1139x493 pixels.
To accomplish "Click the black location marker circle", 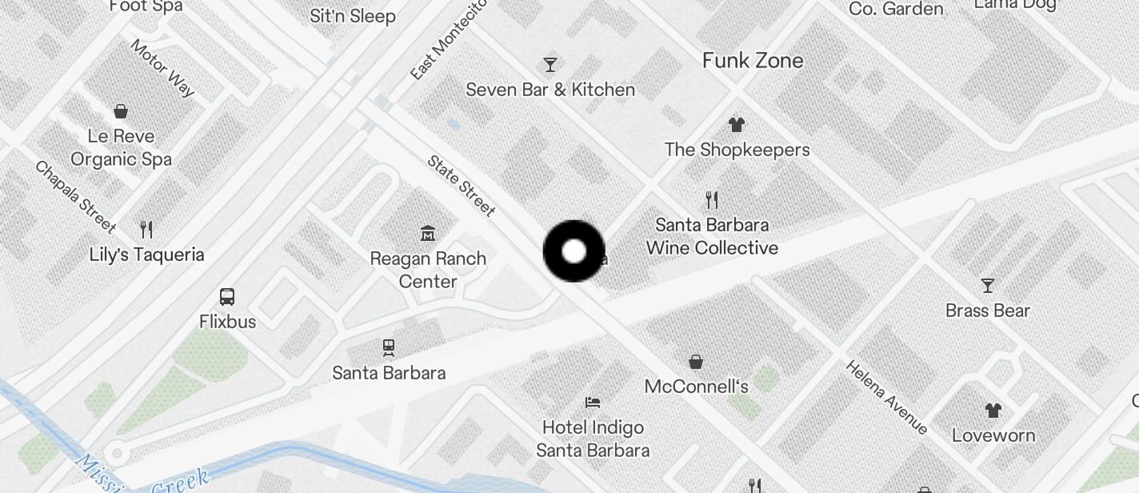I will pyautogui.click(x=573, y=251).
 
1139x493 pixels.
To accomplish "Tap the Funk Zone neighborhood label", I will pyautogui.click(x=753, y=60).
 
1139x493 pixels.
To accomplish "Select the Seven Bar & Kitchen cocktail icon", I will pyautogui.click(x=550, y=64).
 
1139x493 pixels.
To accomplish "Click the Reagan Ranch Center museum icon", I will pyautogui.click(x=428, y=233).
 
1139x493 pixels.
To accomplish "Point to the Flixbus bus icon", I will pyautogui.click(x=227, y=297).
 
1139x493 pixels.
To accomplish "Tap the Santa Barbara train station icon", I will pyautogui.click(x=389, y=347).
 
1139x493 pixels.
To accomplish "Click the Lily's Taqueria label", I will pyautogui.click(x=146, y=255).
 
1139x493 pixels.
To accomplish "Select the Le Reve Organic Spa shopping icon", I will pyautogui.click(x=121, y=110).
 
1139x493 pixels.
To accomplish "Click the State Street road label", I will pyautogui.click(x=462, y=186).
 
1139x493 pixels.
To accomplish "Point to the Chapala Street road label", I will pyautogui.click(x=75, y=196).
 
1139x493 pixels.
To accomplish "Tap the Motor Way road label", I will pyautogui.click(x=162, y=68).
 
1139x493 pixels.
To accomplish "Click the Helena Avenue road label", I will pyautogui.click(x=886, y=398).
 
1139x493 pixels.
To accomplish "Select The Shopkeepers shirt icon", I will pyautogui.click(x=737, y=124).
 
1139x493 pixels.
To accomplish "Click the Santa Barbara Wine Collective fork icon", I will pyautogui.click(x=712, y=199).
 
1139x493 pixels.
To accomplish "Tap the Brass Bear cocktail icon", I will pyautogui.click(x=988, y=285).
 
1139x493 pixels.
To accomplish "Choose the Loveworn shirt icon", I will pyautogui.click(x=993, y=411).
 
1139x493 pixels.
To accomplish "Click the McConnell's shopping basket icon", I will pyautogui.click(x=696, y=362).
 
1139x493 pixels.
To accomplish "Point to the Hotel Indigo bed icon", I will pyautogui.click(x=593, y=402).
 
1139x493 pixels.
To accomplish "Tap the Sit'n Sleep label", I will pyautogui.click(x=353, y=16).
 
